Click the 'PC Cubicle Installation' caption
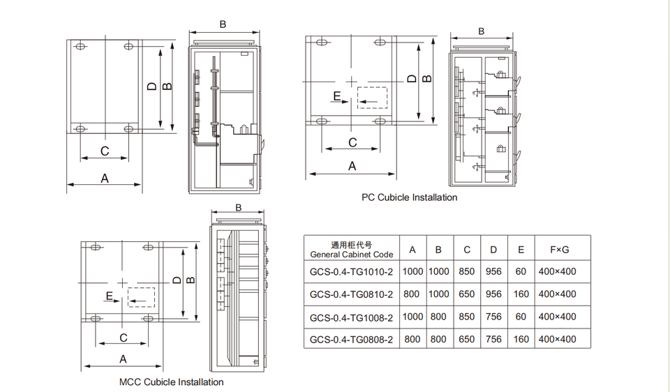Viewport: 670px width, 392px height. (410, 197)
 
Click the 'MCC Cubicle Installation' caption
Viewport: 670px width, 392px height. (172, 382)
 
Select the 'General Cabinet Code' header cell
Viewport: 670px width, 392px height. (352, 255)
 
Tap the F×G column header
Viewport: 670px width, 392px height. (559, 250)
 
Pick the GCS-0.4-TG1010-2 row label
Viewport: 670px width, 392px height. (351, 271)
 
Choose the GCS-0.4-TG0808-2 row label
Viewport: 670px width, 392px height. (351, 340)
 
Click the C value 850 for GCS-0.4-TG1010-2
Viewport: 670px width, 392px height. (467, 271)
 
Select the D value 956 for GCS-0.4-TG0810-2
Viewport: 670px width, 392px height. (493, 294)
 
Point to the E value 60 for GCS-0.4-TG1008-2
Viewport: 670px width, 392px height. (521, 317)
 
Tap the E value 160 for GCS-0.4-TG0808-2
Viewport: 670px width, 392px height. (521, 340)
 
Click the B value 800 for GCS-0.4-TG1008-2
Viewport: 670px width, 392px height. (438, 317)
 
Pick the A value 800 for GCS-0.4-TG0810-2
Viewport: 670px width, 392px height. (412, 294)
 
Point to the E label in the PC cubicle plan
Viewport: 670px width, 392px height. (336, 96)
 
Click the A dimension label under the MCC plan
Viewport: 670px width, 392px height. (123, 359)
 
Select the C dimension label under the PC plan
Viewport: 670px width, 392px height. (352, 142)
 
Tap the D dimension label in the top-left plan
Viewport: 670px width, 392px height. (151, 86)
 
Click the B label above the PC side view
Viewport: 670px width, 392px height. (482, 31)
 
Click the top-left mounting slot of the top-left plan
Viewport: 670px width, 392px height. (80, 46)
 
